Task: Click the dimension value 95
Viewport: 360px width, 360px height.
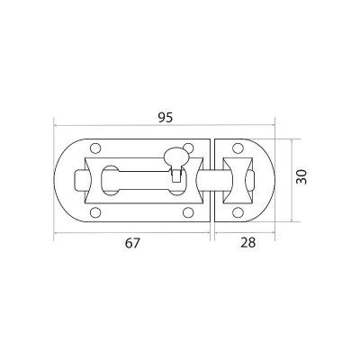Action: (x=166, y=118)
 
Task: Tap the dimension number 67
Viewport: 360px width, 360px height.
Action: (x=132, y=243)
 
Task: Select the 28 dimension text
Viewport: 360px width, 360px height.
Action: (x=247, y=242)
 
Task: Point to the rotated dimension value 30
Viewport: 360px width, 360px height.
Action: (x=301, y=177)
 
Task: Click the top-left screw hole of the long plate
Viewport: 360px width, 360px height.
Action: (x=95, y=148)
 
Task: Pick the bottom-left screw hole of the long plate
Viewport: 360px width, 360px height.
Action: (x=95, y=212)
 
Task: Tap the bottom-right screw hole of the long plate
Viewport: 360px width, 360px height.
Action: (x=188, y=212)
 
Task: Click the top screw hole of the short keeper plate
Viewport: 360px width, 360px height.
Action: (x=238, y=148)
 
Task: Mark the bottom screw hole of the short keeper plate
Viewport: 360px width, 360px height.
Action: (x=238, y=212)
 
